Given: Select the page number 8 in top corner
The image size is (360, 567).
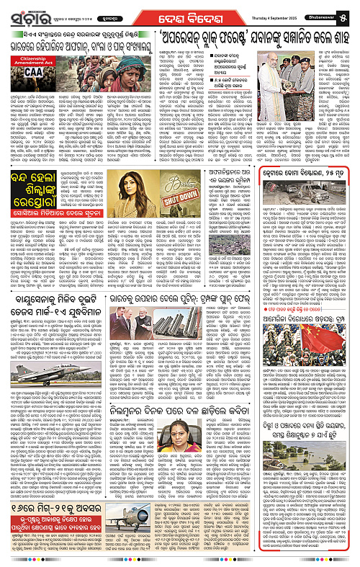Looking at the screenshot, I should pos(352,12).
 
